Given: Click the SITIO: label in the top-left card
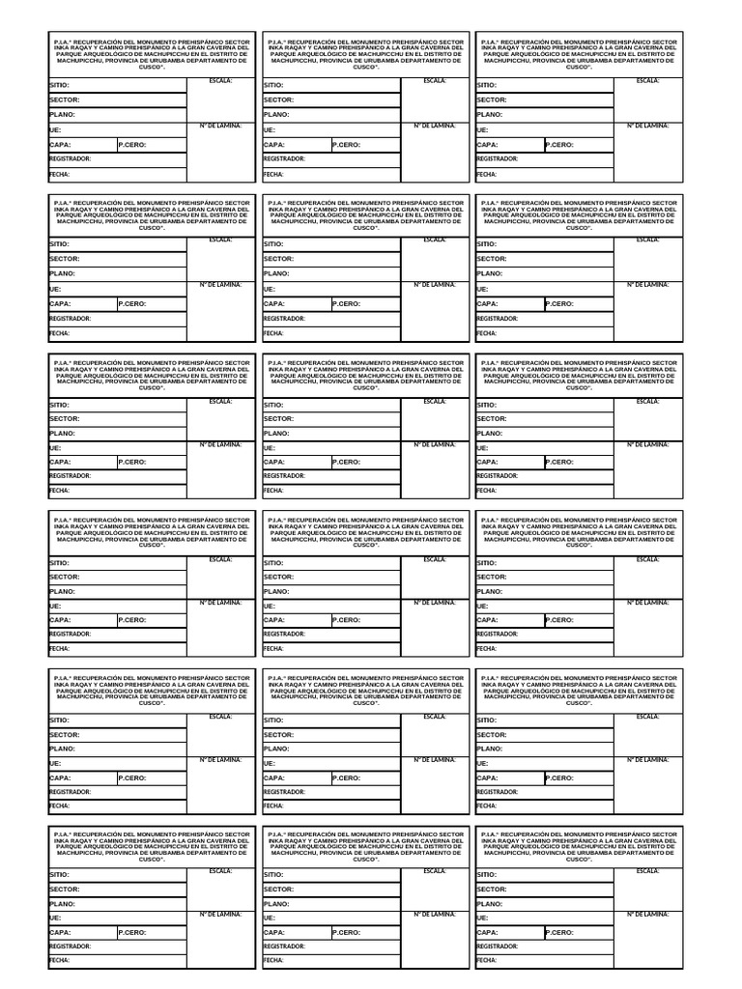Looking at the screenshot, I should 58,85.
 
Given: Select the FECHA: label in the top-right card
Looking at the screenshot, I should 485,175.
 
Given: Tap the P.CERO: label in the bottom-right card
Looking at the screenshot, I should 559,933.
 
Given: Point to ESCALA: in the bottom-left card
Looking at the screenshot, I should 221,870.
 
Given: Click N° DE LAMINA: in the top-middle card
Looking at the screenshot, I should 435,126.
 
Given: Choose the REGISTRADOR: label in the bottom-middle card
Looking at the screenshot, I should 284,947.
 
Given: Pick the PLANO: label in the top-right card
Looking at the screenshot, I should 490,115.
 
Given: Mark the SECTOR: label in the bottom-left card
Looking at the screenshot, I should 64,889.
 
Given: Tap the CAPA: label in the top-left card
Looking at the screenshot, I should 60,145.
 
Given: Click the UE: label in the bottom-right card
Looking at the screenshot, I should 482,918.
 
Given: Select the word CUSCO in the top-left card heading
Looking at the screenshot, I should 152,67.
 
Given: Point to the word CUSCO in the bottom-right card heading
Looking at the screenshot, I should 579,859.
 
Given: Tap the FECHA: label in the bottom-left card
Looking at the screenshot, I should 58,961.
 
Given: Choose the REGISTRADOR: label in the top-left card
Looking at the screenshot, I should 70,158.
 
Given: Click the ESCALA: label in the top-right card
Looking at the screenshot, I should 648,80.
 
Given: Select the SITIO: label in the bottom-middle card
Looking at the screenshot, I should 272,874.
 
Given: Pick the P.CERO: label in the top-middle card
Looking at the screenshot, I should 346,145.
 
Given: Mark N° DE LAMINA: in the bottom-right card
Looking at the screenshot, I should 648,913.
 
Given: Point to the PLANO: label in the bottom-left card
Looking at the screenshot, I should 62,904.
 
